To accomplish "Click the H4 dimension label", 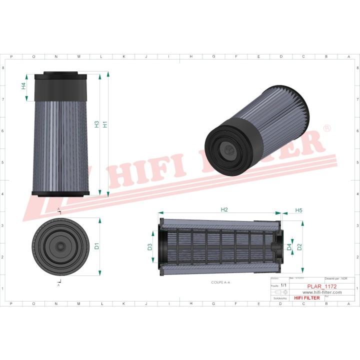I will coord(23,86).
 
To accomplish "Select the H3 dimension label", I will coord(97,124).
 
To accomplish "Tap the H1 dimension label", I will coord(105,124).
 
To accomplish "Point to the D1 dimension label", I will coord(97,246).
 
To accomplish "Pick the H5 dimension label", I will coord(298,210).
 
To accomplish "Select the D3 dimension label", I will coord(149,246).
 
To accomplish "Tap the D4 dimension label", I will coord(289,246).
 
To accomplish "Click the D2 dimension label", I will coord(299,246).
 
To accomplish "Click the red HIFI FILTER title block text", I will coord(306,298).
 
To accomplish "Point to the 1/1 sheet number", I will coord(284,284).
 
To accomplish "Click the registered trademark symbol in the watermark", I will coord(326,128).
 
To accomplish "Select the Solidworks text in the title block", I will coord(278,298).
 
